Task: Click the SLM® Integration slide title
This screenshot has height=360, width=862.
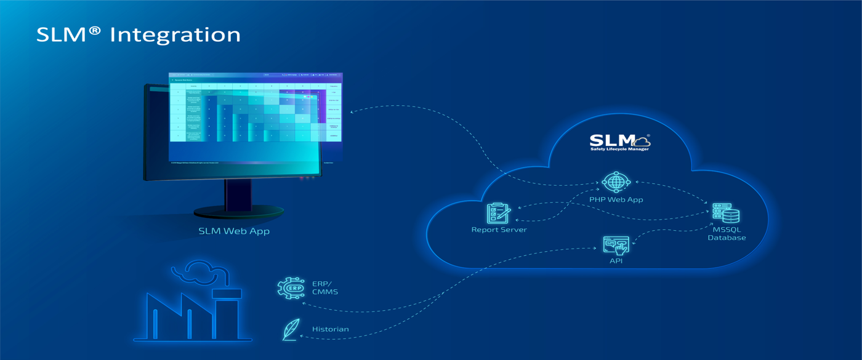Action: [138, 34]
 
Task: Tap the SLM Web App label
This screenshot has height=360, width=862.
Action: [234, 231]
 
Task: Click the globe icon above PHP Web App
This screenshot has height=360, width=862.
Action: [616, 182]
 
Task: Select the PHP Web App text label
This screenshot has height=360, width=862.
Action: [616, 199]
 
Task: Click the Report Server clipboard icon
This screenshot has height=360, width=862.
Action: [498, 214]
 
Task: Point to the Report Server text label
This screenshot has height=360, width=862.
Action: [499, 230]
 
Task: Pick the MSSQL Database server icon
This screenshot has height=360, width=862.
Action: [726, 214]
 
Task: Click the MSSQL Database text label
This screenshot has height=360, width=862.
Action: [727, 233]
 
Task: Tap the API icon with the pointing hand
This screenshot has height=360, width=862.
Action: [616, 246]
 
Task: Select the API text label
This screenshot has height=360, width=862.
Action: [616, 261]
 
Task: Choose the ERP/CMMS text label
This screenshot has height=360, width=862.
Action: [324, 287]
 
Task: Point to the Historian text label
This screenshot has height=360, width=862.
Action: [330, 329]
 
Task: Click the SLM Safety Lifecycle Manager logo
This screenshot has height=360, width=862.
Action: [619, 142]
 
